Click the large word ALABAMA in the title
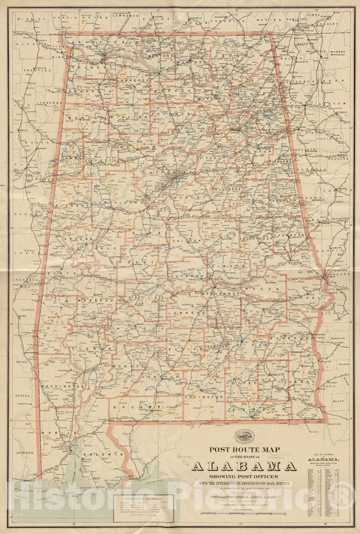click(244, 466)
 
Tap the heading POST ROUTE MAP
click(244, 448)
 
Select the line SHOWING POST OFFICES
click(244, 477)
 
